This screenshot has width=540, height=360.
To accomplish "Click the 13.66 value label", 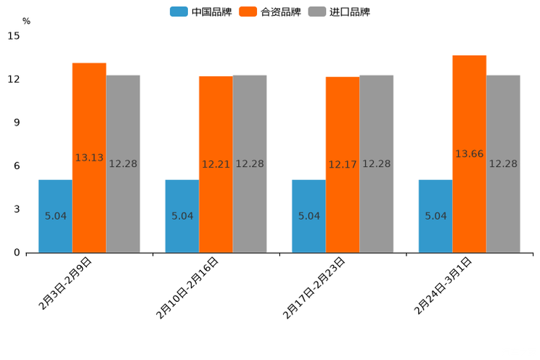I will point(470,154).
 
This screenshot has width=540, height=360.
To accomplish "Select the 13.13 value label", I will point(89,157).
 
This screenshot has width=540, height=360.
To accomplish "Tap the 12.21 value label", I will point(216,165).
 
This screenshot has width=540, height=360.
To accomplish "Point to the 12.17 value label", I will point(343,165).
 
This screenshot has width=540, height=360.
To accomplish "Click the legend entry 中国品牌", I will point(201,12).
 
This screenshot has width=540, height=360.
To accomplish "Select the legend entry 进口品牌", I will point(340,12).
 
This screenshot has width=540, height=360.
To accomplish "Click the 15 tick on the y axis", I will point(14,36).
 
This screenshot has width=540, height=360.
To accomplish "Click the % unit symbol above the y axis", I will point(26,21).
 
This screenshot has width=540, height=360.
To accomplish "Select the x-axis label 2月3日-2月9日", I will point(66,284).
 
